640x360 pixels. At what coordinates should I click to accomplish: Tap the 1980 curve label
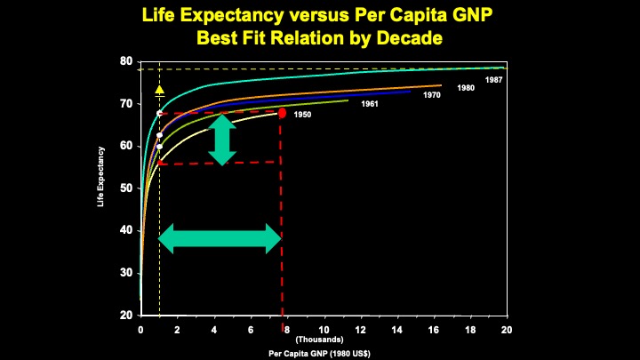[466, 88]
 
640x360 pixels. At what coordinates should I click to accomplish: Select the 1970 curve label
[432, 95]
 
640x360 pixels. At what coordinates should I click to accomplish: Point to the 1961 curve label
[370, 104]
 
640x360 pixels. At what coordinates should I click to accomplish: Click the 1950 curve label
[302, 115]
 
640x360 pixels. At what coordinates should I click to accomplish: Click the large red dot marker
[282, 113]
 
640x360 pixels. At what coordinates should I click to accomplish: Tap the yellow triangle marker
[159, 90]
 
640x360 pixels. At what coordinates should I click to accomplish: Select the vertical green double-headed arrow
[222, 140]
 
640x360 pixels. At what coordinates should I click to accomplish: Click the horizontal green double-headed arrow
[220, 237]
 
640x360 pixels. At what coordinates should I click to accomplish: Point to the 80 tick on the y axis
[126, 61]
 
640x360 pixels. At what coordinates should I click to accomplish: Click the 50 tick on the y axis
[126, 188]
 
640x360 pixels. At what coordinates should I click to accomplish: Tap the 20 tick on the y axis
[126, 316]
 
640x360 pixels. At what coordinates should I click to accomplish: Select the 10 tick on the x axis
[324, 330]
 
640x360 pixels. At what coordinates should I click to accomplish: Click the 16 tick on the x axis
[434, 330]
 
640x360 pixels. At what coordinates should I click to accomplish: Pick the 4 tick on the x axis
[214, 330]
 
